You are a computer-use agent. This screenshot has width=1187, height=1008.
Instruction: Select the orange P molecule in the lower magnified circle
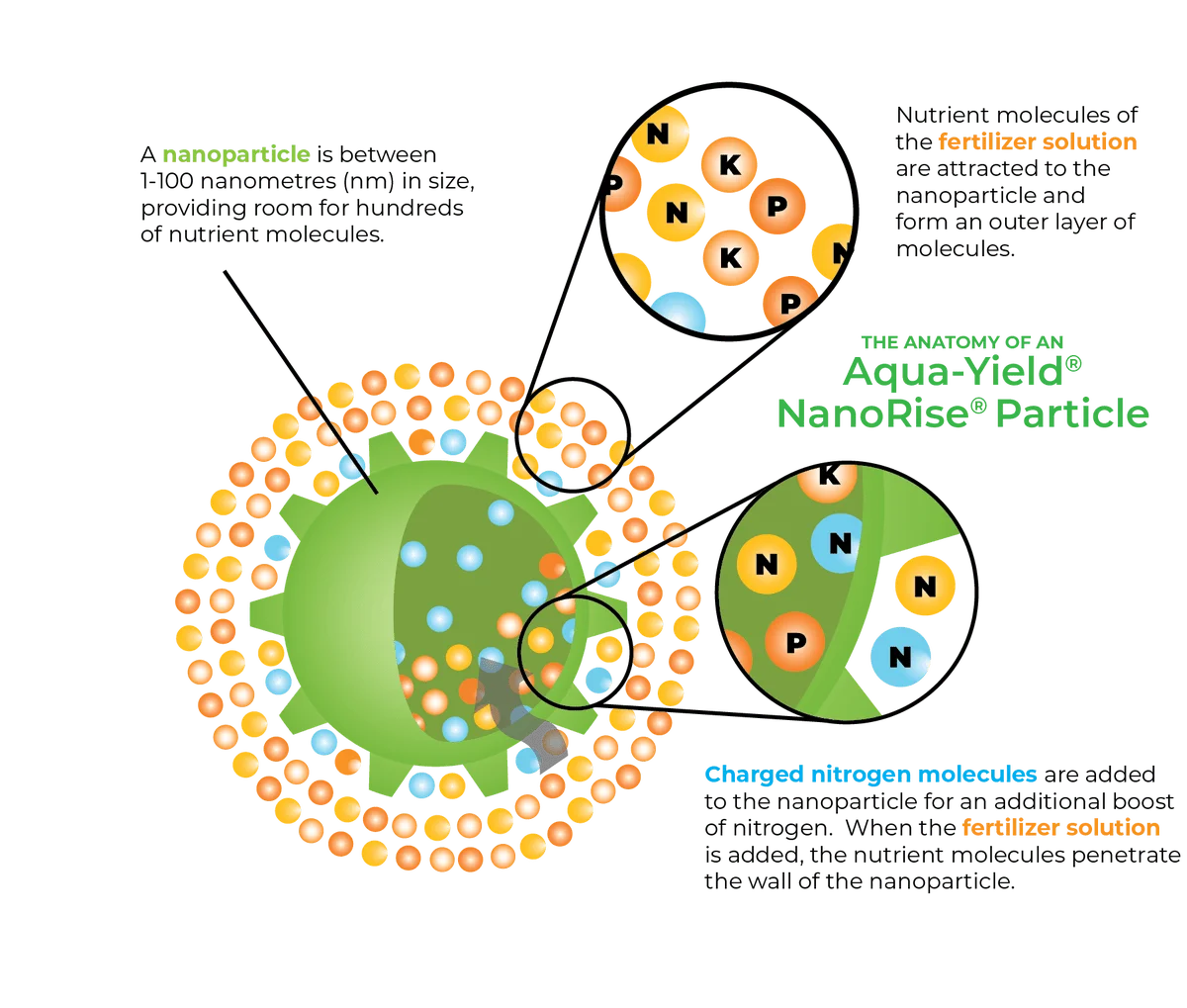click(793, 642)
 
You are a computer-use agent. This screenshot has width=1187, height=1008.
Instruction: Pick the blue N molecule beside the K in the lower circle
click(842, 543)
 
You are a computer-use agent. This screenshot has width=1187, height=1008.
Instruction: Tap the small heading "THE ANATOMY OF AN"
click(939, 342)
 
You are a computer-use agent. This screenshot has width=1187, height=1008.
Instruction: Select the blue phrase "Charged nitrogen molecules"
click(870, 774)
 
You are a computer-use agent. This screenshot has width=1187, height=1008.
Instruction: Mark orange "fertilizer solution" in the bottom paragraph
click(1059, 825)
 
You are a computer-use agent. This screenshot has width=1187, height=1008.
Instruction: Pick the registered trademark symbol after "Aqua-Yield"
click(1076, 364)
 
